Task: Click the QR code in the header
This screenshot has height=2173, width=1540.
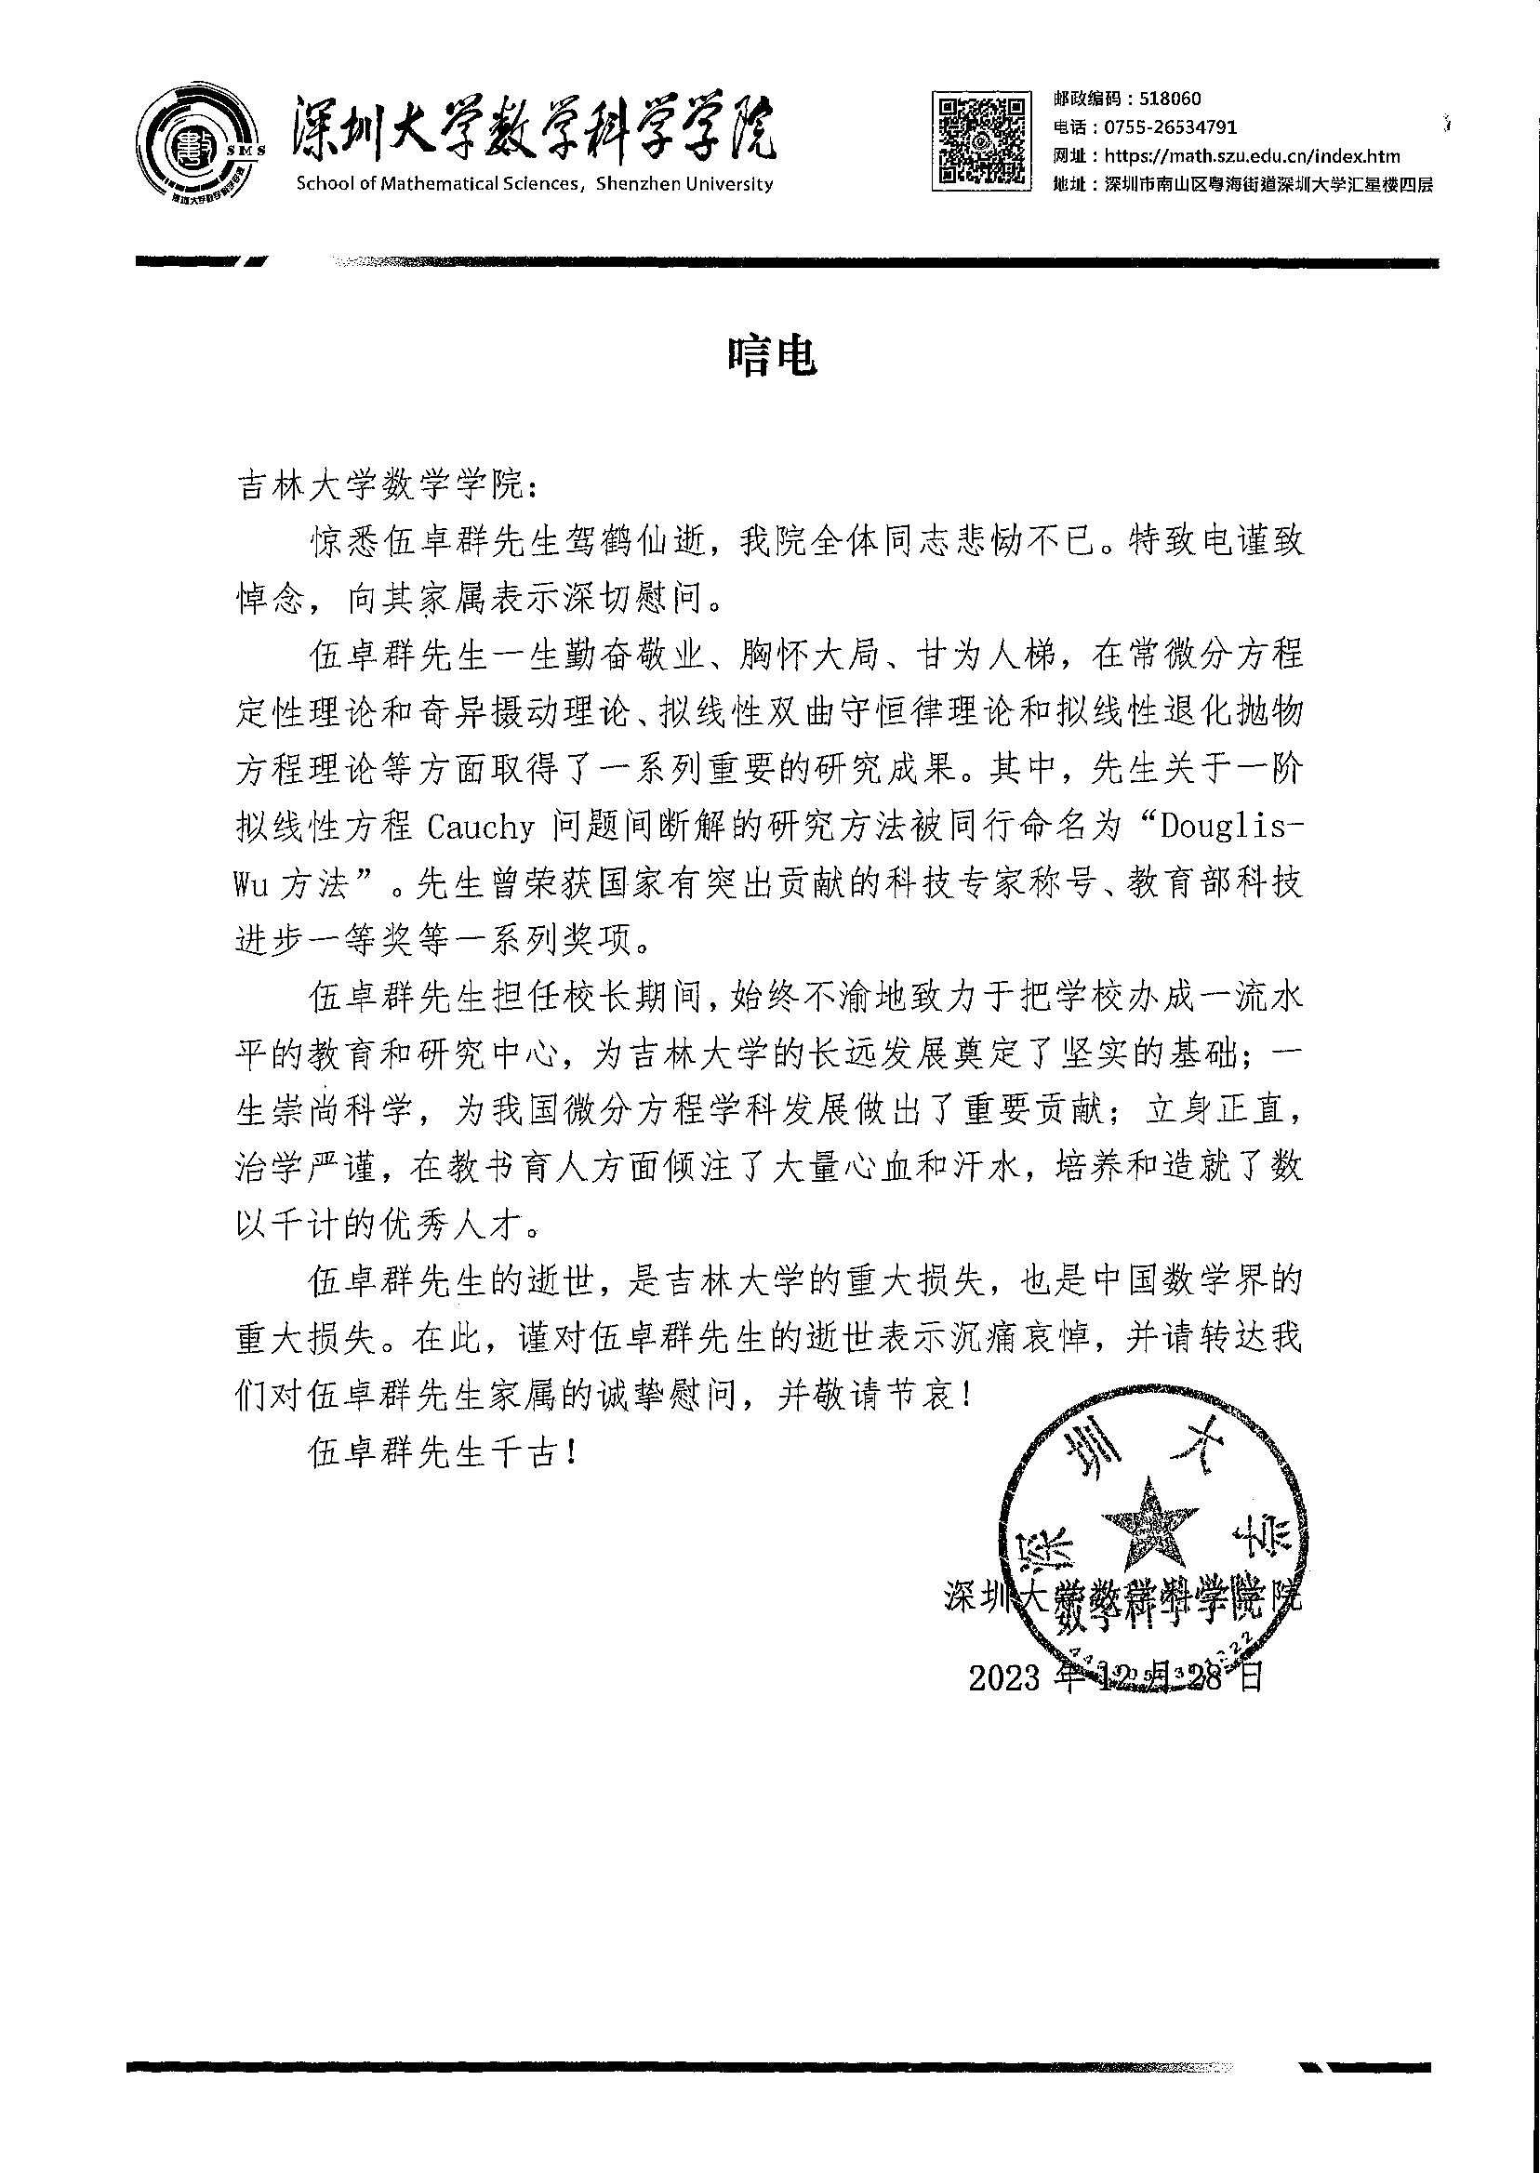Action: [981, 140]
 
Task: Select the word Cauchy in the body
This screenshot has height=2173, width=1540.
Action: [480, 827]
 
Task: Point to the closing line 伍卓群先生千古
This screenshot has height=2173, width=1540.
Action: [442, 1451]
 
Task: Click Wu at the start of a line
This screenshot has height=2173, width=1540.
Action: [251, 884]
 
